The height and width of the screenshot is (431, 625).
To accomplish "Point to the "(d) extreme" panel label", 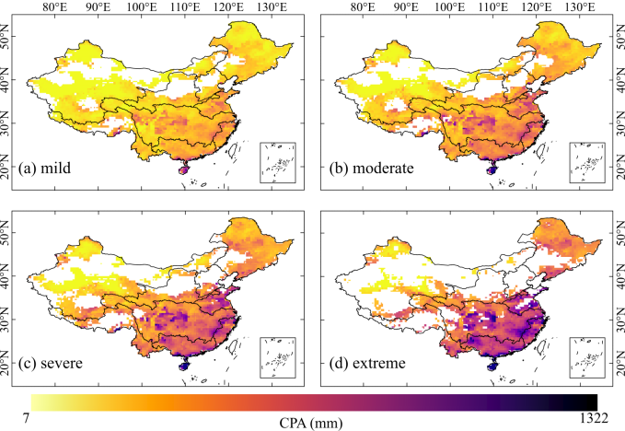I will (x=366, y=364).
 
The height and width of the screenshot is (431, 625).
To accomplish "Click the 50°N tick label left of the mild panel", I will (x=8, y=41).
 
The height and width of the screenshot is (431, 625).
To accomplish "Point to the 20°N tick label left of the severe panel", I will (x=8, y=369).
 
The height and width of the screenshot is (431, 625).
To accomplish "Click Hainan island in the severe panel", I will (x=184, y=366).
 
